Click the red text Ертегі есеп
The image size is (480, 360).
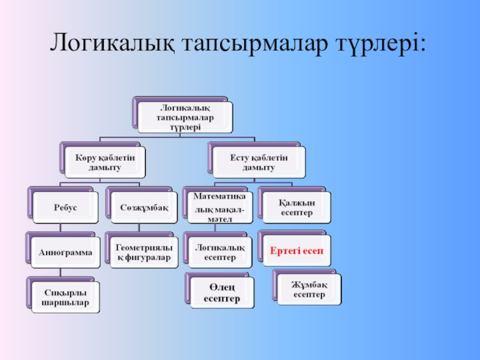tap(296, 250)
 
